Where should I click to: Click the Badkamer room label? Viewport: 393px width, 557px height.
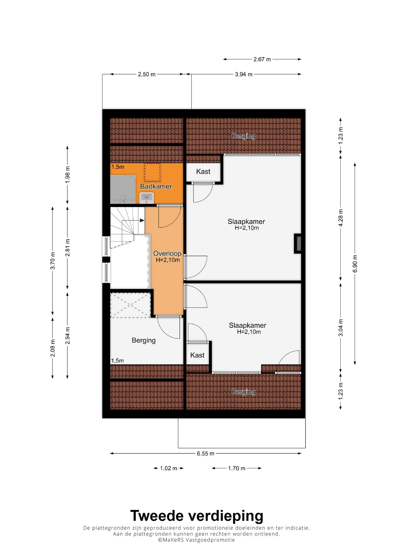(x=156, y=186)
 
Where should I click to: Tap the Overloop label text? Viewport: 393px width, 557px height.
(x=167, y=253)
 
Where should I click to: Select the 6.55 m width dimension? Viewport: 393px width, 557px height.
(x=205, y=453)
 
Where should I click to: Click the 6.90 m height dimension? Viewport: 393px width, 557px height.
(x=355, y=263)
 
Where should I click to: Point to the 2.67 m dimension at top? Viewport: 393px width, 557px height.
(x=262, y=59)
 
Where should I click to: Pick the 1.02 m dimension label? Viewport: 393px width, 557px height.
(x=169, y=468)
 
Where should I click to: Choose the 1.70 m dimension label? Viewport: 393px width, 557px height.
(x=237, y=468)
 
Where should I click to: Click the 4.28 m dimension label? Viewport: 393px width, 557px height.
(x=341, y=217)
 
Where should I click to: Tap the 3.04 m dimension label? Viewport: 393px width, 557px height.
(x=341, y=327)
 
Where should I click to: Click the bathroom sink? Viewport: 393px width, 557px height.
(x=147, y=198)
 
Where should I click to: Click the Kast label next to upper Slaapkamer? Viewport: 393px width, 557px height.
(x=203, y=171)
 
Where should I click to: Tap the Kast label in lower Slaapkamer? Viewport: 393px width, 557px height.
(x=197, y=355)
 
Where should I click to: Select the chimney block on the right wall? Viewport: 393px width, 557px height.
(x=298, y=244)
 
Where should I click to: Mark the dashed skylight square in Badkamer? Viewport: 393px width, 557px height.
(x=152, y=172)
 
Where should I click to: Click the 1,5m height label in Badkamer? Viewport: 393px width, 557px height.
(x=118, y=167)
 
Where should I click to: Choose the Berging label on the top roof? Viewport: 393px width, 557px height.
(x=243, y=136)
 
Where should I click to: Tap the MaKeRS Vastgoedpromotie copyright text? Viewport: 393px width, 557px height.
(x=197, y=540)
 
